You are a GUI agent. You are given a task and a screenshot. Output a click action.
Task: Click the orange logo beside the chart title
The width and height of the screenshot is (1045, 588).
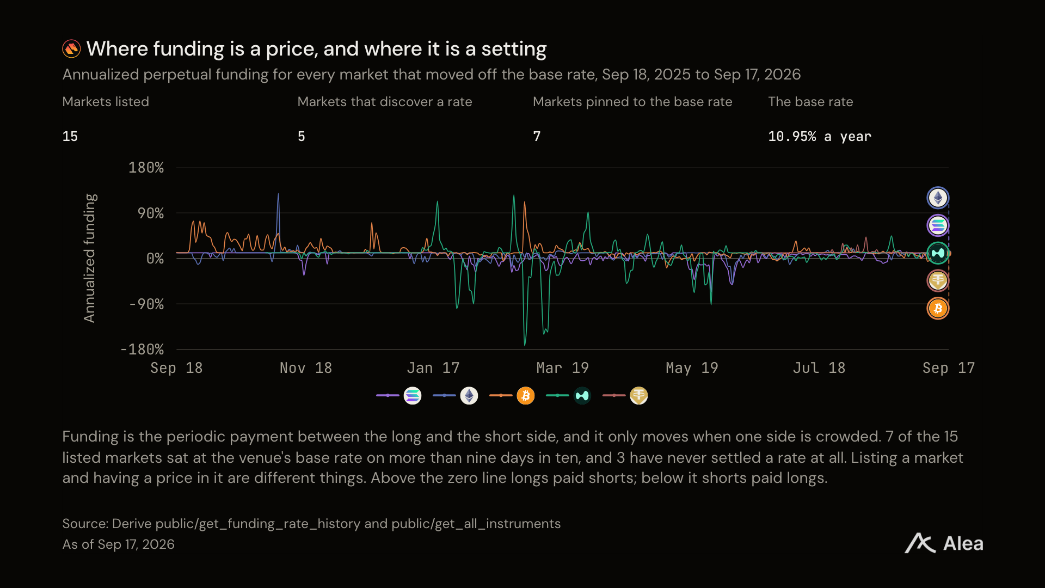coord(71,49)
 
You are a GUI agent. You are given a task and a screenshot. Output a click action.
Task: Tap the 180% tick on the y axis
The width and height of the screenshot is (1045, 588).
coord(146,168)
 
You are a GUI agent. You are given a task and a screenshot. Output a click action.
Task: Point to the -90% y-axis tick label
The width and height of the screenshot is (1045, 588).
coord(146,304)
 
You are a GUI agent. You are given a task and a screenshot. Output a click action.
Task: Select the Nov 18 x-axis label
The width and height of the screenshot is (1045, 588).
coord(306,368)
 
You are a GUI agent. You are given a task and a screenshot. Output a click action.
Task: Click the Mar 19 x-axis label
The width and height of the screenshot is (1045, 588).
coord(562,368)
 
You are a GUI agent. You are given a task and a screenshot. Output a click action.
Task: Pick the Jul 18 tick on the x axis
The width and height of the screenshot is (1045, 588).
coord(819,368)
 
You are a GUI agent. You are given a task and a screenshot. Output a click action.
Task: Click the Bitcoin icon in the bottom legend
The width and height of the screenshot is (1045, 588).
coord(526,396)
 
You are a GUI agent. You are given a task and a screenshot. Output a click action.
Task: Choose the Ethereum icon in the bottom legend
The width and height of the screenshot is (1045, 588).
coord(469,396)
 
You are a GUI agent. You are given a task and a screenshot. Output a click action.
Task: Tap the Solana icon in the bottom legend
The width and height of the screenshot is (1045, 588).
coord(413,396)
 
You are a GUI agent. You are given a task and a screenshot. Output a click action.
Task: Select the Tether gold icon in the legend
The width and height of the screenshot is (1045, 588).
coord(639,396)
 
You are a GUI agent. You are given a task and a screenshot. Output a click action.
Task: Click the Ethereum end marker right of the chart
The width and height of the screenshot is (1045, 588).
coord(938,198)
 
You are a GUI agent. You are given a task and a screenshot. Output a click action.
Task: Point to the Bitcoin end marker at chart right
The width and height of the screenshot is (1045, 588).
coord(938,309)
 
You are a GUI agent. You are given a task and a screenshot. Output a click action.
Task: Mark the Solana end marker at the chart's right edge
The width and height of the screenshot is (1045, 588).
coord(938,225)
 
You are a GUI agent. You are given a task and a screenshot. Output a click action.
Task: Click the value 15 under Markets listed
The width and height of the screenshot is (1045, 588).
coord(70,137)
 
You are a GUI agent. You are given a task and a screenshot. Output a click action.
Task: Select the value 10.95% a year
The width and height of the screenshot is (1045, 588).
coord(820,137)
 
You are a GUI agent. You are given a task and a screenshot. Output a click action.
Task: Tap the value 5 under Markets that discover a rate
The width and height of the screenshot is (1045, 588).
coord(302,137)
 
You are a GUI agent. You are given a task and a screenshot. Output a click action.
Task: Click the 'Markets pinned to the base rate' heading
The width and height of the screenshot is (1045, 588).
coord(632,102)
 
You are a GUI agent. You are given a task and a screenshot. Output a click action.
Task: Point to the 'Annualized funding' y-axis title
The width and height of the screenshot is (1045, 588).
coord(90,258)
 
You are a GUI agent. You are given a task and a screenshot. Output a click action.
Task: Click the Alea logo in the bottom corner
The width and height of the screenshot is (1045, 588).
coord(944,543)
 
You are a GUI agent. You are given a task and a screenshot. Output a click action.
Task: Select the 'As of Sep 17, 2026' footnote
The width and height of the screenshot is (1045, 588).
coord(119,544)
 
